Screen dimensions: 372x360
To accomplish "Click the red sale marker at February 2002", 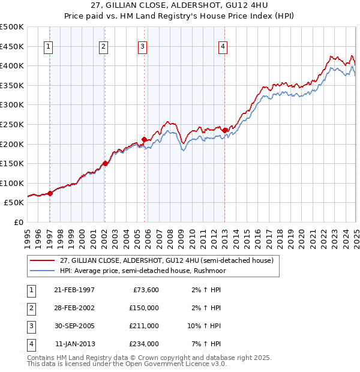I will (x=105, y=163).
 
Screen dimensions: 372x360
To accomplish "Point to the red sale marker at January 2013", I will (x=224, y=130).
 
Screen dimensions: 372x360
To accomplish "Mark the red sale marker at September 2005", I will (x=145, y=139).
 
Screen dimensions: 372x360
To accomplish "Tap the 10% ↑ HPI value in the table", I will (x=205, y=326).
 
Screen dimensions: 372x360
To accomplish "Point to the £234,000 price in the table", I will (x=144, y=344).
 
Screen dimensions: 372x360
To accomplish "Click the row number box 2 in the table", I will (x=31, y=308).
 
